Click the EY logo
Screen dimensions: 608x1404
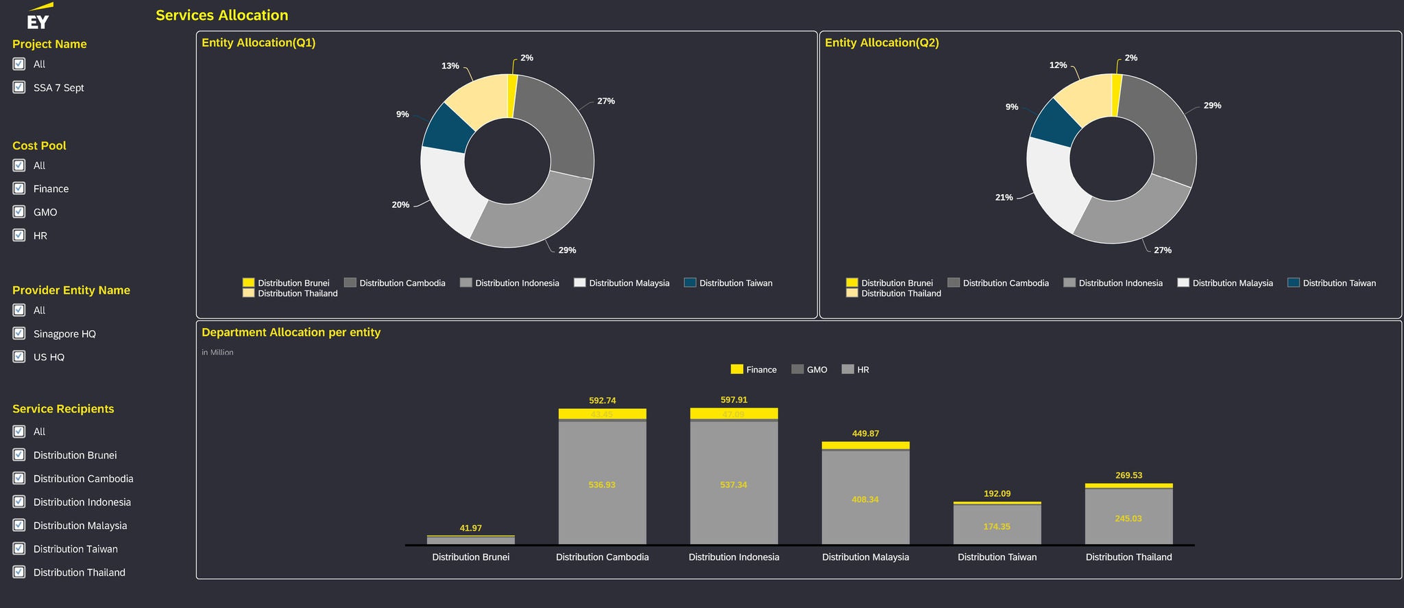pos(38,17)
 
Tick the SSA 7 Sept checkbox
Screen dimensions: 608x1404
pos(19,87)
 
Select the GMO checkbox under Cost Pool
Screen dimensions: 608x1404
pos(19,212)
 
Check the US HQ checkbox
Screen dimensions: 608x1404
pos(19,357)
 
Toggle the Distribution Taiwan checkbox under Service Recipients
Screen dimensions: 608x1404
pos(19,549)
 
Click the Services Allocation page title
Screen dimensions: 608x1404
pos(221,15)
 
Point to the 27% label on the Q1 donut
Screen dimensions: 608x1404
pos(605,102)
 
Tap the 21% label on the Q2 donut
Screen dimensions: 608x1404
pos(1004,198)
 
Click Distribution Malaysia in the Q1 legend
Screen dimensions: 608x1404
pos(629,283)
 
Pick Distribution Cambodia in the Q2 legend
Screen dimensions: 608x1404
pos(1005,283)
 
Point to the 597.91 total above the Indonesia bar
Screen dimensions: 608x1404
pos(734,400)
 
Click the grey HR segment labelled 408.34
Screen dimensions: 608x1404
pos(865,500)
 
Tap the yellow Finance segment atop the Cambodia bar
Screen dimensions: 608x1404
pos(602,414)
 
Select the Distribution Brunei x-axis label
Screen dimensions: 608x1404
pos(470,557)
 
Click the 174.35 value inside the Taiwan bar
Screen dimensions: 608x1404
pos(997,527)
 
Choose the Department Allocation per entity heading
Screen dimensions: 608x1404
pos(291,333)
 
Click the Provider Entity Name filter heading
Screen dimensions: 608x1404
pos(71,290)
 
